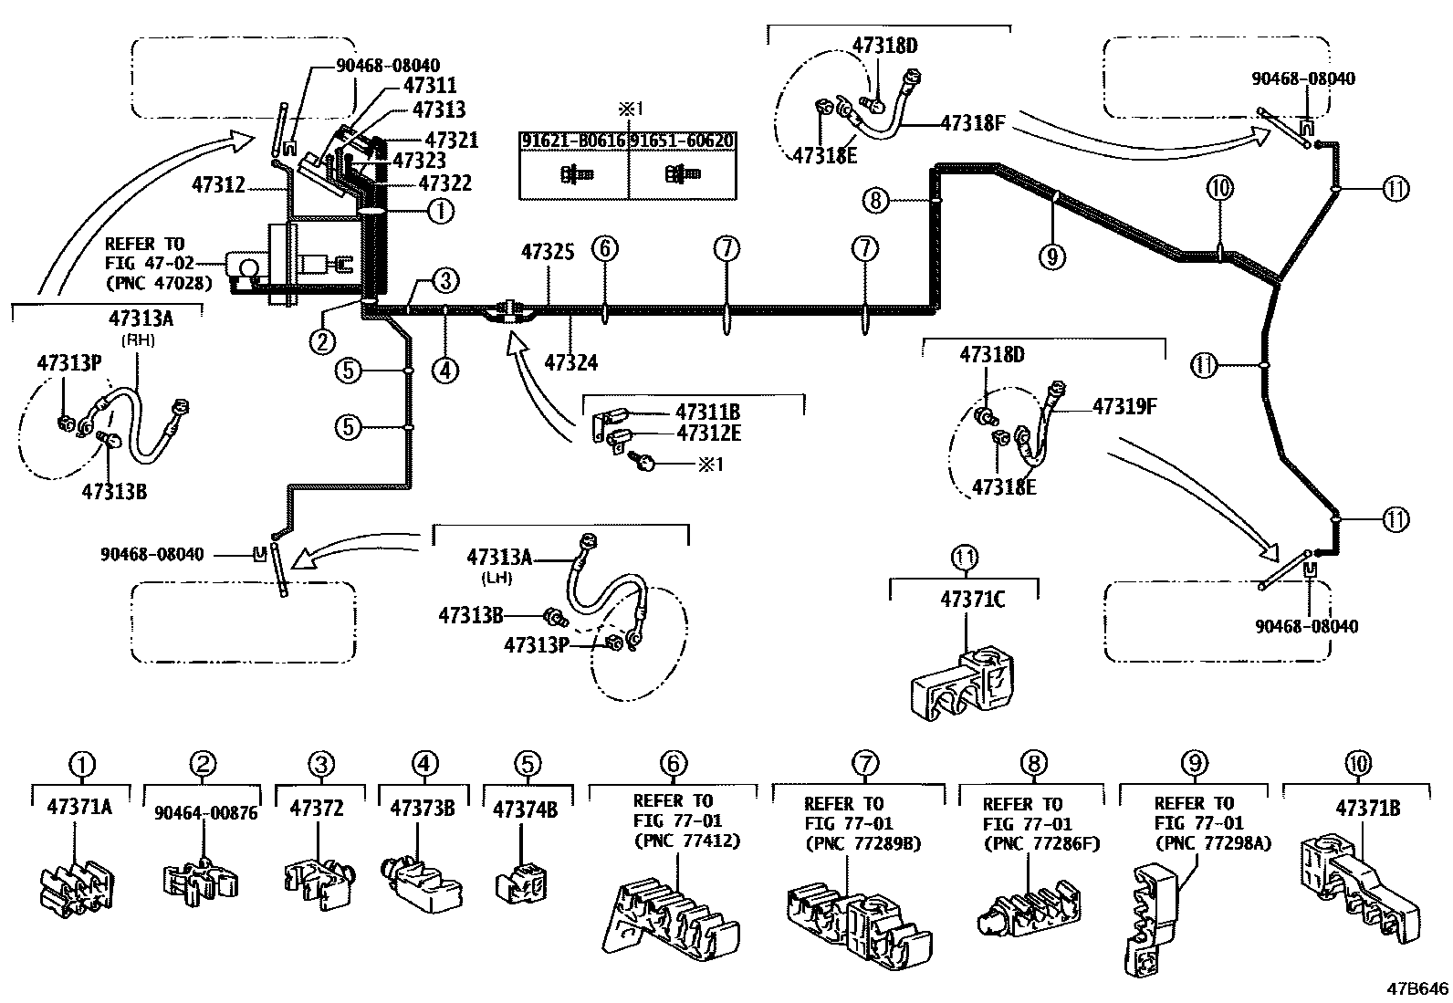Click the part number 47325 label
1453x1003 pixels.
(548, 251)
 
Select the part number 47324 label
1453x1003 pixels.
(570, 362)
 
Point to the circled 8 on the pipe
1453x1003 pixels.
(875, 200)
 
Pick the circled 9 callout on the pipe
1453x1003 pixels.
(1051, 257)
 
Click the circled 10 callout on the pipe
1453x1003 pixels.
(1219, 189)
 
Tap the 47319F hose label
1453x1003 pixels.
(1124, 406)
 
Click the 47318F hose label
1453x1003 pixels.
(972, 121)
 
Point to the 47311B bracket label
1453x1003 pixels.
(707, 412)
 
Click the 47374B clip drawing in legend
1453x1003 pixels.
(521, 884)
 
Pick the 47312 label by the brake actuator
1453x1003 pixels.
(218, 184)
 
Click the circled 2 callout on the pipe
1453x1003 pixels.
(321, 342)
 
